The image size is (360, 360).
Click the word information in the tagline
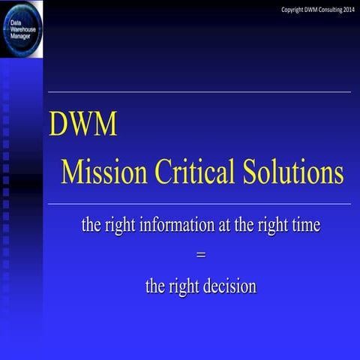tap(175, 225)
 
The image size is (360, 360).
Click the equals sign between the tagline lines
tap(200, 255)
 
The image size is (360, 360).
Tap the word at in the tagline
tap(225, 225)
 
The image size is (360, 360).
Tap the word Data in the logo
tap(16, 23)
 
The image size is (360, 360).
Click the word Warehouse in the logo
tap(22, 29)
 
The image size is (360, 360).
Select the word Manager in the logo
tap(21, 35)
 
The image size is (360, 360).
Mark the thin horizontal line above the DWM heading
tap(199, 92)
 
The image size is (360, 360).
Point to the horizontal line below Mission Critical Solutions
tap(199, 203)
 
